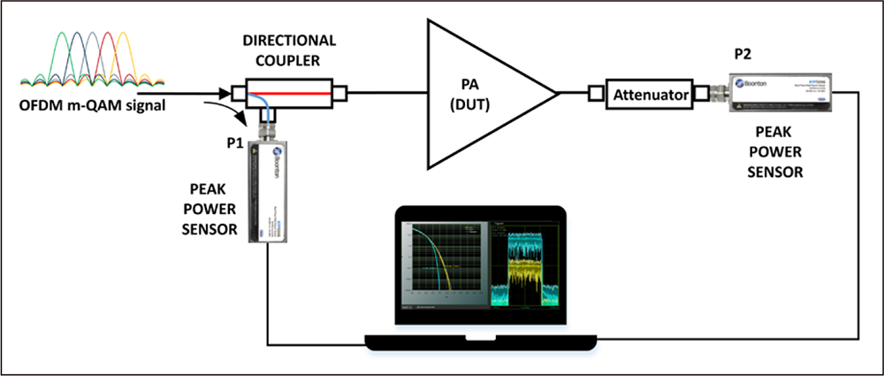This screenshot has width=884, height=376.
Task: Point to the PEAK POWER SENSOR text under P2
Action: point(774,151)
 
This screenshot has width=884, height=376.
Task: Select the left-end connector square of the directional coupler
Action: point(237,91)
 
